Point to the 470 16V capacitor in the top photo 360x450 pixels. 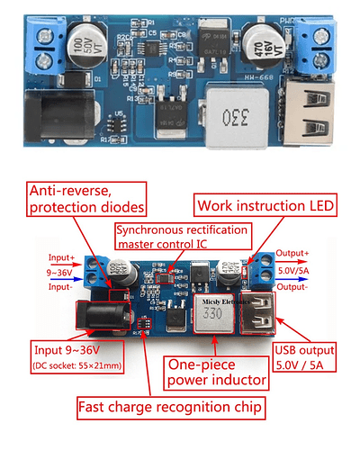259,44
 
